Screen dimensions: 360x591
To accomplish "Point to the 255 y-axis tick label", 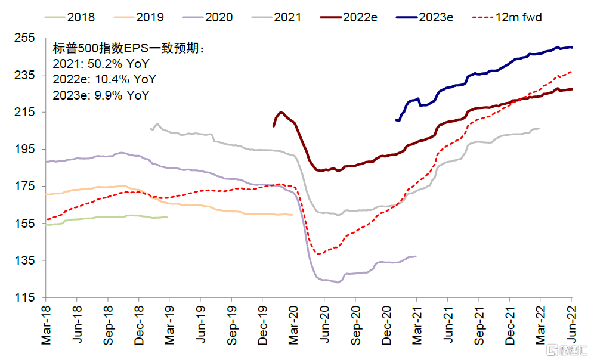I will (x=27, y=38).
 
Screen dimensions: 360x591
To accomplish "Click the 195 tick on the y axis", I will (x=27, y=149).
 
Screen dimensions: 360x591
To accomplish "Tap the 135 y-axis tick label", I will (x=27, y=260).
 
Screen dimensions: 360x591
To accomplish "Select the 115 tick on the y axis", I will (x=27, y=297).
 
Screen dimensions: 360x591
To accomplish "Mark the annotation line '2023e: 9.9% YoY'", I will (x=101, y=95).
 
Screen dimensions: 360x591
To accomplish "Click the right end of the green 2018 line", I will (x=168, y=217).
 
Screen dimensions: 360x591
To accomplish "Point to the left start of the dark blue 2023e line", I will (x=396, y=120).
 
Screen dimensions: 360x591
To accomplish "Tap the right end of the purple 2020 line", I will (x=416, y=256).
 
